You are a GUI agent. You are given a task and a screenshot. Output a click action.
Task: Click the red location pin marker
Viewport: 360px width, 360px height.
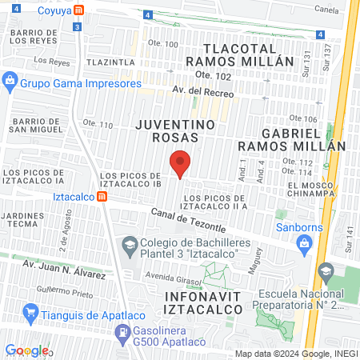[181, 163]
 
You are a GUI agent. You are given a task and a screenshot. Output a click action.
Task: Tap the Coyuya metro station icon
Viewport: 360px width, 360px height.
[78, 10]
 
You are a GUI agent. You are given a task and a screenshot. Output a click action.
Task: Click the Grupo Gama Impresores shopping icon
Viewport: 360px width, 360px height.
[10, 80]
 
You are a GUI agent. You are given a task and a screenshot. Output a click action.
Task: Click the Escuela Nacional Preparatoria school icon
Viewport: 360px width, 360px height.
[325, 272]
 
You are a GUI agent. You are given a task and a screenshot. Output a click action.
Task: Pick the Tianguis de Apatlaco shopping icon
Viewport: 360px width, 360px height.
[31, 310]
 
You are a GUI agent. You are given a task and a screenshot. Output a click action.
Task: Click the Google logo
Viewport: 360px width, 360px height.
[27, 350]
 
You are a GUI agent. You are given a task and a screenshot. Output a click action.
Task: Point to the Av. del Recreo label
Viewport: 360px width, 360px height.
[202, 94]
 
